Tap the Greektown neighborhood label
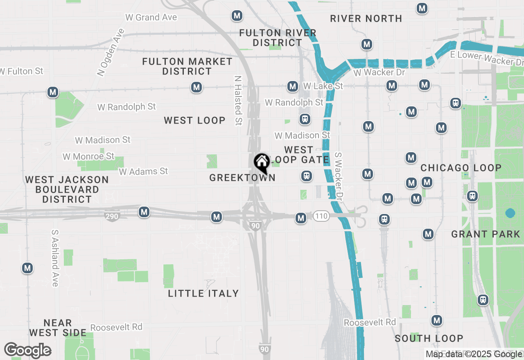click(242, 178)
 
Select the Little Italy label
click(203, 293)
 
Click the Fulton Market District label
click(187, 66)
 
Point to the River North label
click(366, 18)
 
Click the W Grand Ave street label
click(151, 17)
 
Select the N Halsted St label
click(238, 100)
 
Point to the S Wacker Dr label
click(339, 176)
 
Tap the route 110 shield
click(322, 216)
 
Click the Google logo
click(27, 351)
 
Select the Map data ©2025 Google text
click(474, 354)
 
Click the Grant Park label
click(486, 234)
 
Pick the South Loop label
click(429, 338)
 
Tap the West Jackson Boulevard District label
click(67, 189)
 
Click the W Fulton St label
click(21, 71)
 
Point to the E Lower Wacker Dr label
click(487, 58)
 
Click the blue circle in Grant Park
click(510, 213)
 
